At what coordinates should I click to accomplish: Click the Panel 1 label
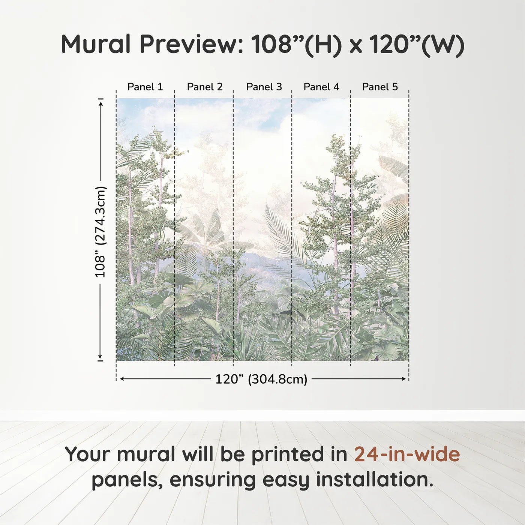coord(145,87)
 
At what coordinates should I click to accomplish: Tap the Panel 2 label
coord(204,87)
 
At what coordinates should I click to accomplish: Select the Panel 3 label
coord(264,87)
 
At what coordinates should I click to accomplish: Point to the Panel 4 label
coord(321,87)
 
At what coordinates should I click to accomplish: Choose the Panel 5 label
coord(379,87)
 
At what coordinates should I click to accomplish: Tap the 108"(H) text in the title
coord(296,44)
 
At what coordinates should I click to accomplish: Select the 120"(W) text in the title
coord(417,44)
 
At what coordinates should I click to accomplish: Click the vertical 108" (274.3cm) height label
coord(100,232)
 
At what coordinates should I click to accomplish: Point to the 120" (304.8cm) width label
coord(261,379)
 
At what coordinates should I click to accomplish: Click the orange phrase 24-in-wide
coord(407,454)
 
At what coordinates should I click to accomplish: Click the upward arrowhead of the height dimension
coord(100,102)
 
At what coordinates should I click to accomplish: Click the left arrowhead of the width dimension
coord(121,379)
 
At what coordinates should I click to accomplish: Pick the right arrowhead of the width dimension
coord(404,379)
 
